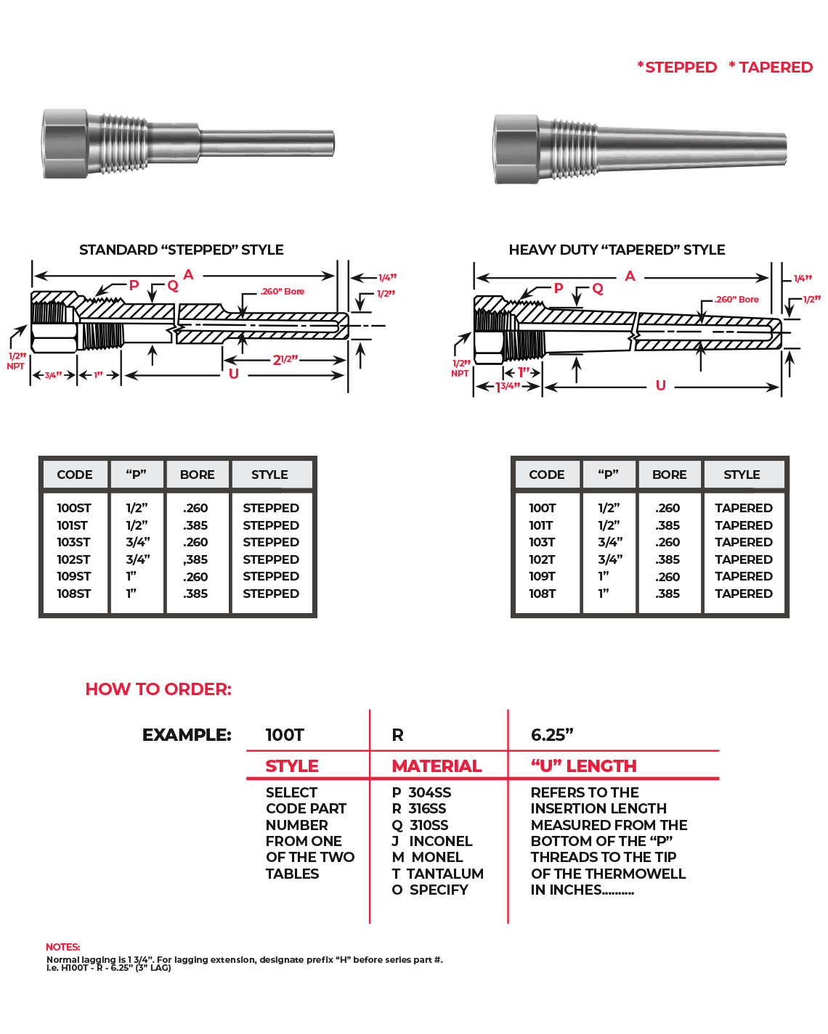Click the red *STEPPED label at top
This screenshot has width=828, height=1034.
point(677,67)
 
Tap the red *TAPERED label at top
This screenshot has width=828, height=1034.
point(771,67)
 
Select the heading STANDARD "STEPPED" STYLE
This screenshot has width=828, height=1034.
point(181,250)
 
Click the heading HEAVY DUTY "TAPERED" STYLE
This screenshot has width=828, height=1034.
point(617,250)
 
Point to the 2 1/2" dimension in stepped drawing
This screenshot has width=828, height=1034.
point(285,360)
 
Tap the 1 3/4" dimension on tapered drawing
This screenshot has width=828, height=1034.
point(508,387)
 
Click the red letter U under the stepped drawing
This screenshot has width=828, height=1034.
point(233,374)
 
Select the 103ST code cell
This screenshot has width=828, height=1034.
point(73,542)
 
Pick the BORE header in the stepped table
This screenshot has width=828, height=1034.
point(197,475)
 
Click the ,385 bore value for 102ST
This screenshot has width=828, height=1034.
point(195,559)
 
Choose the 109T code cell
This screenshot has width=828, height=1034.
point(542,576)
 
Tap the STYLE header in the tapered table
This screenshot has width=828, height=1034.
point(742,475)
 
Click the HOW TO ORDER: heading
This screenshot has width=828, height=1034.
point(158,689)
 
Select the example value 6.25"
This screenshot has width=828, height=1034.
point(552,735)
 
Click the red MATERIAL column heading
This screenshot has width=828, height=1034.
point(437,766)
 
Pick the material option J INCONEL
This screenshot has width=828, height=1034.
point(432,841)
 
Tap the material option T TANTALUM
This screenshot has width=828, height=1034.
point(437,874)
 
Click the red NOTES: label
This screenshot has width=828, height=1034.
point(62,947)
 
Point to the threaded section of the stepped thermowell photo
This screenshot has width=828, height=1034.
point(119,144)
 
